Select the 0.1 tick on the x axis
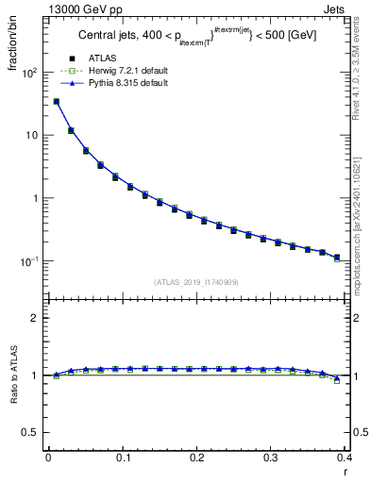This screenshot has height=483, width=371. (x=123, y=458)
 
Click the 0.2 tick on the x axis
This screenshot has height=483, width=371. (x=197, y=458)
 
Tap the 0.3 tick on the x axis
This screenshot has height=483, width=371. (x=272, y=458)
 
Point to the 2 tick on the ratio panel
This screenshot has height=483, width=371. (x=35, y=318)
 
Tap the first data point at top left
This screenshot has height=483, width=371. (x=56, y=102)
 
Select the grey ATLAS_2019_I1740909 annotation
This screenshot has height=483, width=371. (x=197, y=282)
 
